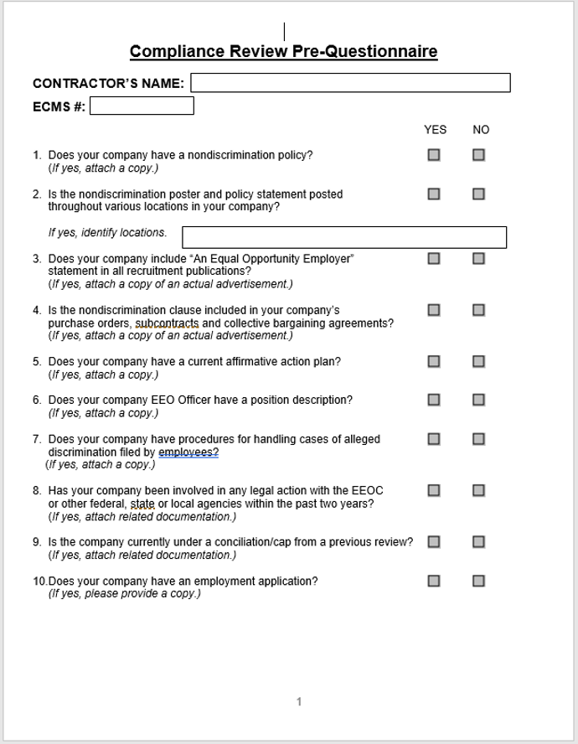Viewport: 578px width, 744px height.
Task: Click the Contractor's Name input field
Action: (x=350, y=83)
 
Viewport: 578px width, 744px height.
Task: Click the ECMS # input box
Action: (x=142, y=106)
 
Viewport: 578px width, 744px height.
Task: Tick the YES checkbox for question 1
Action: (x=434, y=155)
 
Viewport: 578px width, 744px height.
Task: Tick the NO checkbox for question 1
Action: (x=478, y=155)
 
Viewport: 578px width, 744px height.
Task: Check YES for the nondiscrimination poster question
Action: (x=434, y=194)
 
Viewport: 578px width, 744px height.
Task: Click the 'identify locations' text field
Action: (x=344, y=237)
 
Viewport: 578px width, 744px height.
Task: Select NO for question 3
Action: (x=478, y=258)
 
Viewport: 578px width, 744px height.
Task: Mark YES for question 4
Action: (x=434, y=310)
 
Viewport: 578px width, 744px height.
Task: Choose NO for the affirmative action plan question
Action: (x=478, y=362)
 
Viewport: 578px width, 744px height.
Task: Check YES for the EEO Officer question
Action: (x=434, y=400)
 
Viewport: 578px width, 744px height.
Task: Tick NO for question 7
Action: (x=478, y=439)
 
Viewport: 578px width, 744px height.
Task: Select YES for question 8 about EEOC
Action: (x=434, y=490)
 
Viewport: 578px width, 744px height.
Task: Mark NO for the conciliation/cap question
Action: (x=478, y=542)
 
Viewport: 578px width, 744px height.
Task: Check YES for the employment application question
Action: (x=434, y=581)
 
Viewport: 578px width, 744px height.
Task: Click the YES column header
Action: (x=435, y=130)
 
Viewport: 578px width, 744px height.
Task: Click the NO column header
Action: (x=481, y=130)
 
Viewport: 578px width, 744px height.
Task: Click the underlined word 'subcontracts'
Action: (x=168, y=323)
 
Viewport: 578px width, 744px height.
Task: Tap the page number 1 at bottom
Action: (x=298, y=702)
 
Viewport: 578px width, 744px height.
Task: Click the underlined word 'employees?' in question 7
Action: (x=188, y=452)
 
